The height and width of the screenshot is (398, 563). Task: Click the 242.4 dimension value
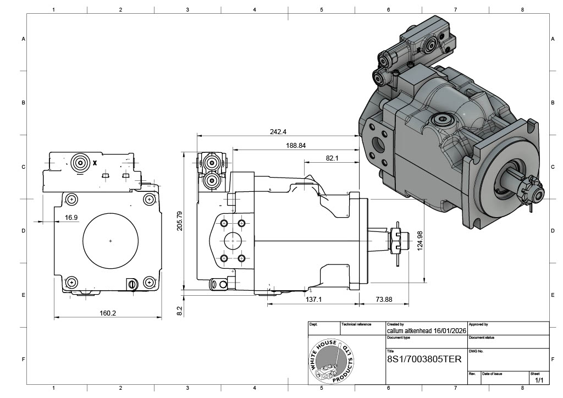[278, 131]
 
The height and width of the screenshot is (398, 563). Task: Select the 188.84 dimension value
[296, 146]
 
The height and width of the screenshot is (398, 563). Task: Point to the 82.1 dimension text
[332, 158]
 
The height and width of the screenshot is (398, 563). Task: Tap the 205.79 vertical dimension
[179, 220]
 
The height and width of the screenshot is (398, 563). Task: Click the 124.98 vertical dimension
[421, 241]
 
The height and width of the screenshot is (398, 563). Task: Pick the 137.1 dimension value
[313, 299]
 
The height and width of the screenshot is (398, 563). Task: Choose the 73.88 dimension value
[384, 299]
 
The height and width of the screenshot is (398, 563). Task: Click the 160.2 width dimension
[108, 313]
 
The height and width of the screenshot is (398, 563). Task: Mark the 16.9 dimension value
[71, 218]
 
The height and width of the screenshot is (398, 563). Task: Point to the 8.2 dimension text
[179, 311]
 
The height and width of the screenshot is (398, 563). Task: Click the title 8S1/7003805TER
[424, 359]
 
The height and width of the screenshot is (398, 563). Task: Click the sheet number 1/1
[539, 380]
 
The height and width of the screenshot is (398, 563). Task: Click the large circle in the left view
[111, 240]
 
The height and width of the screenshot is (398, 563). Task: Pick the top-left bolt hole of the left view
[71, 198]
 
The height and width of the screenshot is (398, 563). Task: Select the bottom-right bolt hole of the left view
[148, 283]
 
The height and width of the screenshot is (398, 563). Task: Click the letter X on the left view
[95, 163]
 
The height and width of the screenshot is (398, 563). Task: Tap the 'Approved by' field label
[478, 325]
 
